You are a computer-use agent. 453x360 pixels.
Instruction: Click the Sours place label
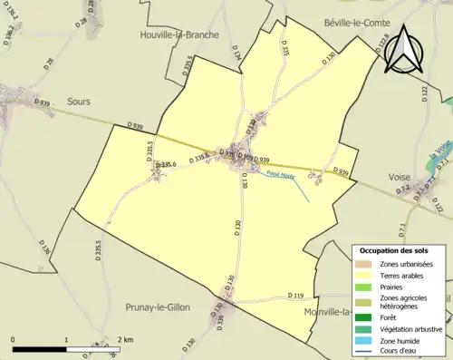pos(78,102)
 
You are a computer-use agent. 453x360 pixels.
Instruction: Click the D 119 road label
pos(296,297)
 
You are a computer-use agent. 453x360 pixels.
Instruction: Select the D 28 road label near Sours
pos(49,64)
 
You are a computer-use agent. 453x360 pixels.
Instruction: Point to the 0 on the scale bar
pos(13,339)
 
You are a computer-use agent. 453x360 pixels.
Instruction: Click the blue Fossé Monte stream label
pos(279,175)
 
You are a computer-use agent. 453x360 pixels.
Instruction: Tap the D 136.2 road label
pos(10,34)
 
